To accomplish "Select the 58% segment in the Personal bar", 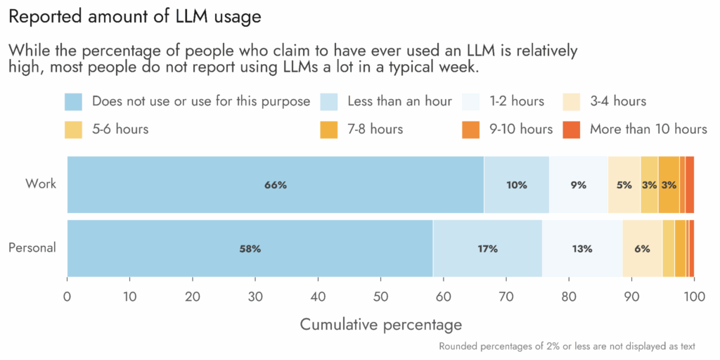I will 250,248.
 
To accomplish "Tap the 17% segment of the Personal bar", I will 487,248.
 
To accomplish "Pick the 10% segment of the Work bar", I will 516,185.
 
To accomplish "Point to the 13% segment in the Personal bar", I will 582,248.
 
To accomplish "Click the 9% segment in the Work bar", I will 579,185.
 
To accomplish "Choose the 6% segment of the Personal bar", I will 642,248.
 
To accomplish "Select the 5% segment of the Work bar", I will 624,185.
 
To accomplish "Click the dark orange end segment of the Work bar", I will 690,185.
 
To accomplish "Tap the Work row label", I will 41,184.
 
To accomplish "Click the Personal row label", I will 32,247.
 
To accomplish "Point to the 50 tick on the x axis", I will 381,295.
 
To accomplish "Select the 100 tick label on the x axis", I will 693,295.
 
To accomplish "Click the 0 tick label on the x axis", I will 67,295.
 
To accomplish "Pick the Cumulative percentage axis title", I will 381,324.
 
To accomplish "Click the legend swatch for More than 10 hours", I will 572,129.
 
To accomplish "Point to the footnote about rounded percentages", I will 567,346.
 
